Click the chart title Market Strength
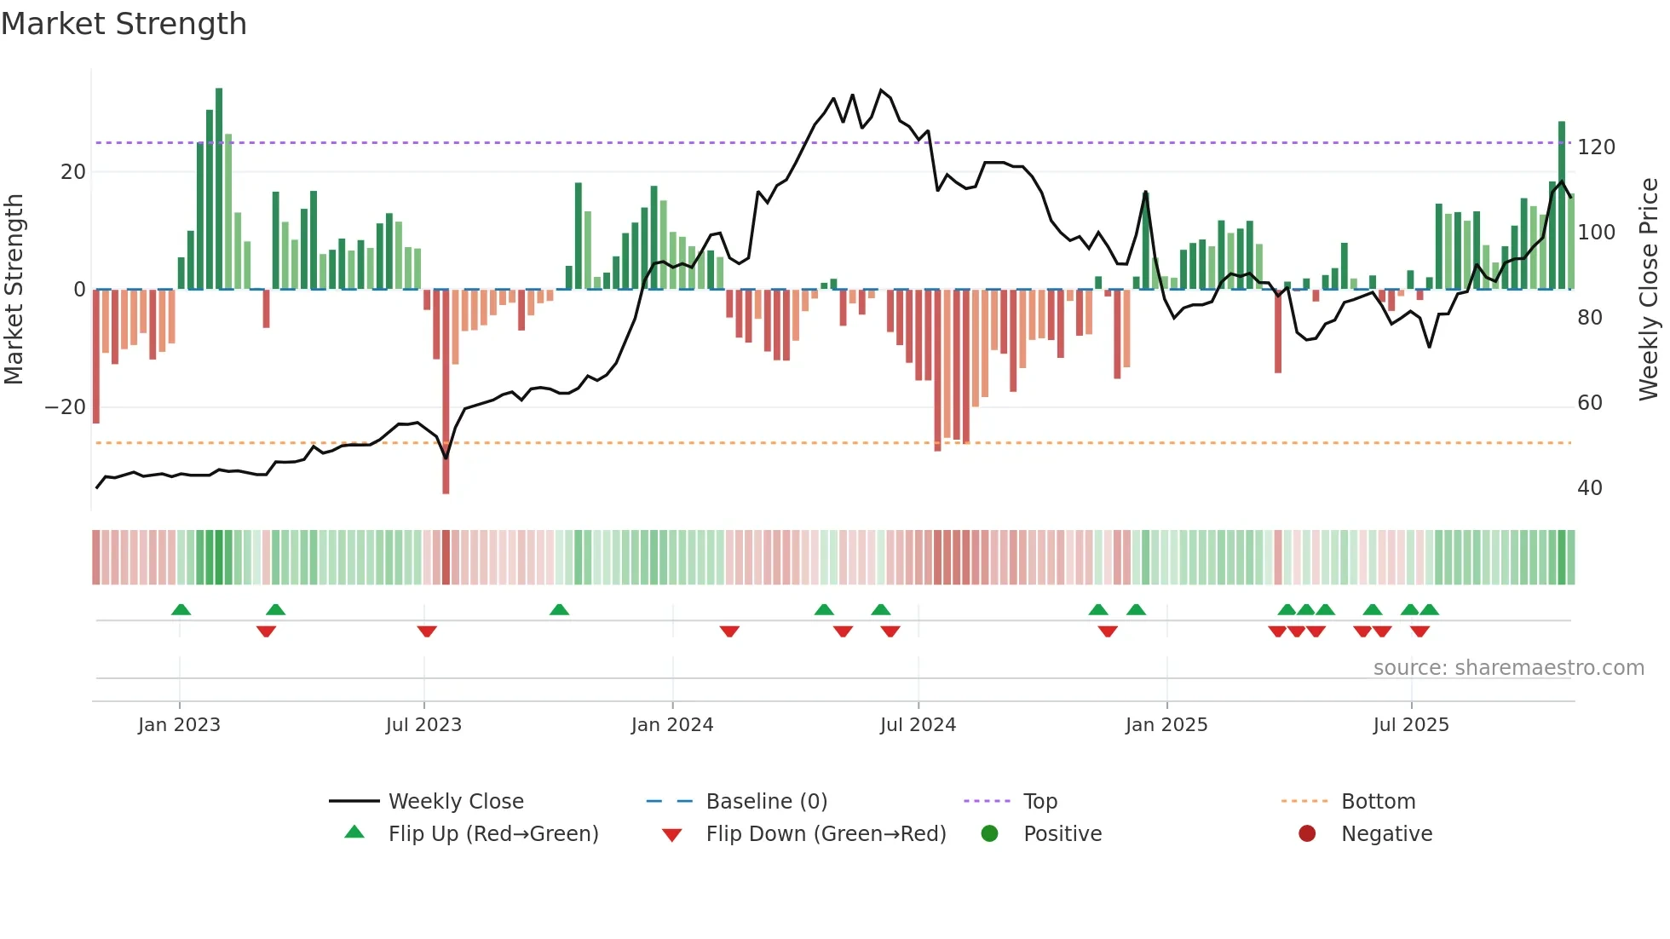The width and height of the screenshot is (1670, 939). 124,24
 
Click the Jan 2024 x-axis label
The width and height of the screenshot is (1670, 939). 671,725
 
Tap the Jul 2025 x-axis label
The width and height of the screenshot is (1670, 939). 1410,725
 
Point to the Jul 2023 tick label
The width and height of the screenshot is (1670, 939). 423,725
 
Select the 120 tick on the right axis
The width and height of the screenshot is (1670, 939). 1595,147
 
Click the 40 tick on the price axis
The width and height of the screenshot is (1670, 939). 1589,488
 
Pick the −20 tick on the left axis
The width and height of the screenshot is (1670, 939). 66,407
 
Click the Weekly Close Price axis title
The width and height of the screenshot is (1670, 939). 1648,290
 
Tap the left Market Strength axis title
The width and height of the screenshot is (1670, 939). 14,290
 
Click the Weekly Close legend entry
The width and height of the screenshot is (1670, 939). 455,802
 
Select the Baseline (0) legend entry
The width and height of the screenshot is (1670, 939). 766,802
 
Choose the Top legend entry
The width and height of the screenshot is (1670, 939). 1039,802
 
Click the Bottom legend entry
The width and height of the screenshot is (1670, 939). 1377,802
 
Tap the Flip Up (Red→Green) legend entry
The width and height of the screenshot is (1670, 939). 492,834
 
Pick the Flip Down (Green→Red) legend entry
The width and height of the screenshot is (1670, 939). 825,834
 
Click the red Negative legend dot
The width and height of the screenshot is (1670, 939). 1306,834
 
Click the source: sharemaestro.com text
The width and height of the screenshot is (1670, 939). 1508,668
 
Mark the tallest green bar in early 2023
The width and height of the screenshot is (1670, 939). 219,187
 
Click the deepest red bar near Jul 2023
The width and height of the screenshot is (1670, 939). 446,392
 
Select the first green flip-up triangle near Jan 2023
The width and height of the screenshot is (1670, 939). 181,610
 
